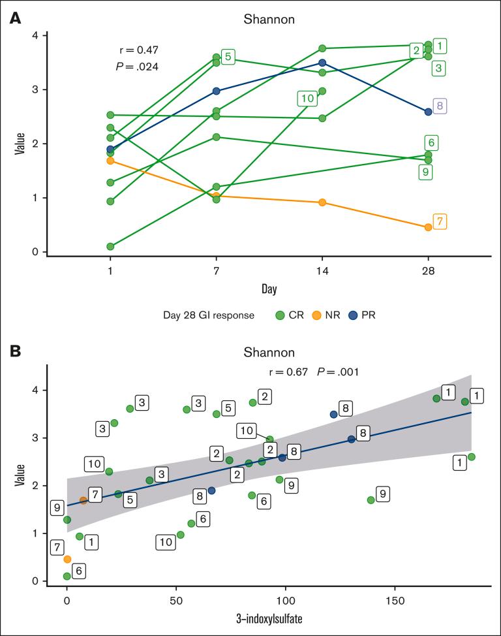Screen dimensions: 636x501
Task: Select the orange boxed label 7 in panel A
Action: [x=440, y=222]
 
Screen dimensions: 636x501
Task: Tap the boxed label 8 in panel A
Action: [x=440, y=106]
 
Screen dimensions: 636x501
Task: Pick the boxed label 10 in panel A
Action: [x=307, y=99]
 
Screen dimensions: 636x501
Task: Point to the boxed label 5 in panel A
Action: [x=228, y=57]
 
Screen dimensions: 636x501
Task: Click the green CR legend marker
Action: [x=281, y=315]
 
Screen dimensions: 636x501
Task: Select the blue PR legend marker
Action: [x=353, y=315]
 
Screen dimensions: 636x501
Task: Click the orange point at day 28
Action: [x=428, y=227]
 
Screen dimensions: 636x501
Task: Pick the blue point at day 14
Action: [x=322, y=63]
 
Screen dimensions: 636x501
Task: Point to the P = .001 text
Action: [x=339, y=372]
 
